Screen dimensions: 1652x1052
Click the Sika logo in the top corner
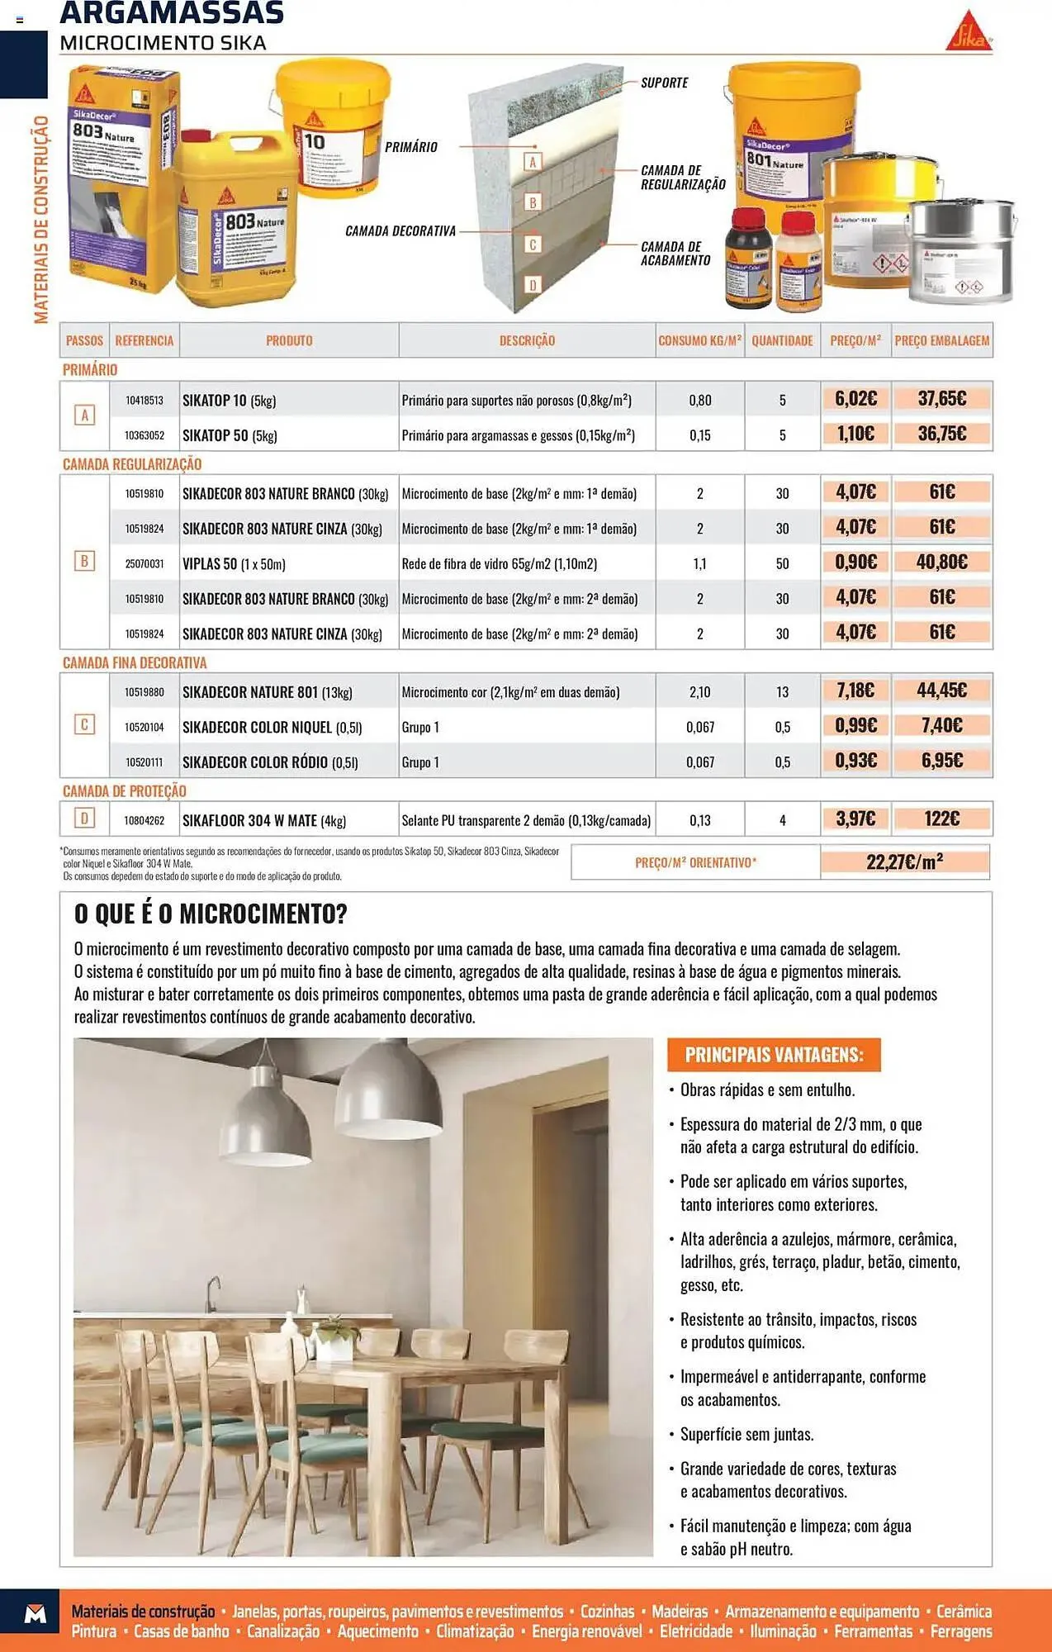[x=968, y=32]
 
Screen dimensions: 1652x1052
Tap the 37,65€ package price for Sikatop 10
[x=941, y=399]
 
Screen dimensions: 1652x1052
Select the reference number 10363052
[x=145, y=435]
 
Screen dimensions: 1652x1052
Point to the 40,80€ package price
[x=941, y=563]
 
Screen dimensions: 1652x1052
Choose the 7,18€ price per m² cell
[x=855, y=691]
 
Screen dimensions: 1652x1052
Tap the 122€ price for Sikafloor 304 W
[x=941, y=819]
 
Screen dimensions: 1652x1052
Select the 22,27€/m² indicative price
[x=904, y=862]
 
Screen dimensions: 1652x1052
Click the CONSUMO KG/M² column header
[x=699, y=340]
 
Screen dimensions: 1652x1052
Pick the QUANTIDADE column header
[x=782, y=340]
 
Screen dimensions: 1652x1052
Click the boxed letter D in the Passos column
[x=84, y=819]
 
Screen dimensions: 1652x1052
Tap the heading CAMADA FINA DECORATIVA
[x=135, y=662]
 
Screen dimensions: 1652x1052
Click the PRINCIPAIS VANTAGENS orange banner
[x=774, y=1055]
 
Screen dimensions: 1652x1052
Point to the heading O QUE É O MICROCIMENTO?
[x=211, y=914]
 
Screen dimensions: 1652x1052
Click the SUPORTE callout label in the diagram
[x=665, y=83]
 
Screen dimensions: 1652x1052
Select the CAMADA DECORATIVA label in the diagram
[x=400, y=231]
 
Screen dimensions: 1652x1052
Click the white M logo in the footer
[x=36, y=1614]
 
